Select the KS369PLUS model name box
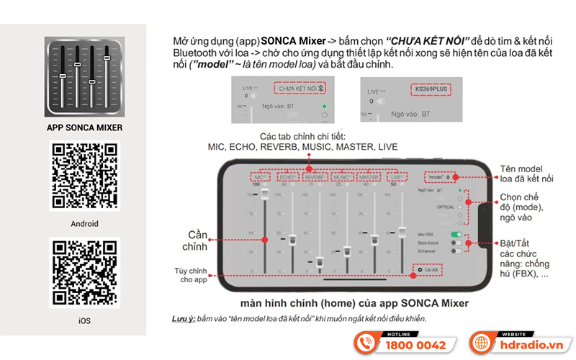click(430, 90)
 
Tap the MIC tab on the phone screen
click(257, 176)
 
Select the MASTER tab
click(369, 176)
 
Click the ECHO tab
click(287, 176)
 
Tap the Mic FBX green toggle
click(455, 235)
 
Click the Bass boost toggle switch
click(455, 243)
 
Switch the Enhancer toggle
click(455, 252)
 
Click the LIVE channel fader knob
click(402, 232)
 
